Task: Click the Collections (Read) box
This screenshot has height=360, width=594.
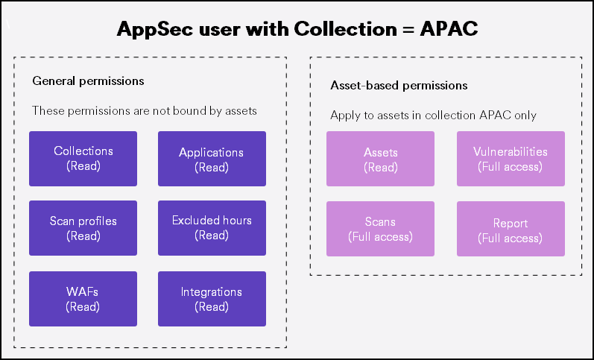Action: tap(83, 159)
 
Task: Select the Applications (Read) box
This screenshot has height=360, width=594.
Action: tap(212, 159)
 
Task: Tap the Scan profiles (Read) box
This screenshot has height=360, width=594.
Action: tap(83, 228)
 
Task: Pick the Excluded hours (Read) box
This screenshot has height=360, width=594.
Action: tap(212, 228)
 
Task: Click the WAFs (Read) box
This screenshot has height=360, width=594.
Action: tap(83, 299)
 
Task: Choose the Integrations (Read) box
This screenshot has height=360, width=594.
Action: tap(212, 299)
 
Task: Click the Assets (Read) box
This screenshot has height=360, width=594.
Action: tap(380, 159)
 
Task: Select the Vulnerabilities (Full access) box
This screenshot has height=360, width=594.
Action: tap(511, 159)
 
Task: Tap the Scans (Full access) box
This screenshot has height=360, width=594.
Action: tap(380, 229)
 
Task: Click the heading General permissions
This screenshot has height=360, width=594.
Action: tap(88, 80)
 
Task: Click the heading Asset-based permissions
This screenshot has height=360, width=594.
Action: tap(399, 86)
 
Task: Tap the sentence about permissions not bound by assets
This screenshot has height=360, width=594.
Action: tap(144, 111)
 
